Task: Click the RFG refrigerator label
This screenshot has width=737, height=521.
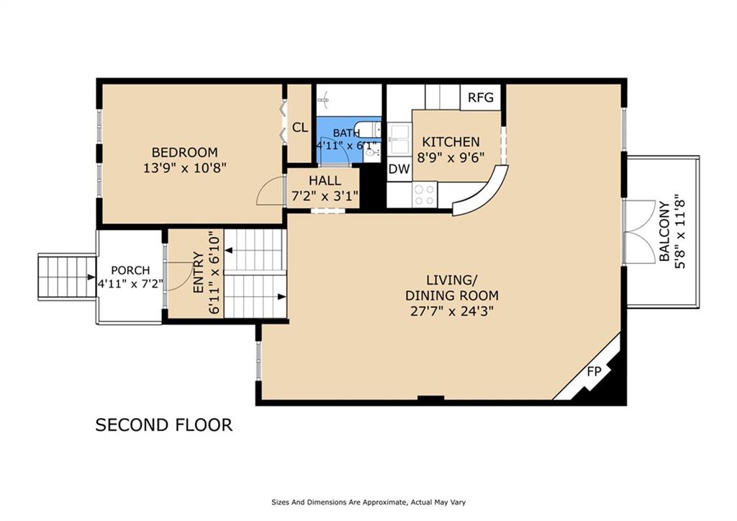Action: point(481,97)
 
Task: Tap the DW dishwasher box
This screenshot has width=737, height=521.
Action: point(399,169)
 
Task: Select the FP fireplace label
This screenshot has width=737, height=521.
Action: point(594,372)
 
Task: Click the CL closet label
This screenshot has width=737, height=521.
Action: point(300,128)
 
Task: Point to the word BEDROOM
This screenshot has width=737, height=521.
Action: point(185,153)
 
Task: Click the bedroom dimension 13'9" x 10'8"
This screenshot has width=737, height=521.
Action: point(185,168)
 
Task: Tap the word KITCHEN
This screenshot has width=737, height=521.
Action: point(451,142)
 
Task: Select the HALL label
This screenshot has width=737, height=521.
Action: point(325,180)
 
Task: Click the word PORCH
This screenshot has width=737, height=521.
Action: point(130,271)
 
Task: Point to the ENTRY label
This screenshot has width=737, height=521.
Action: point(199,272)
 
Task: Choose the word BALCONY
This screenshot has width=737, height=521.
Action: point(664,231)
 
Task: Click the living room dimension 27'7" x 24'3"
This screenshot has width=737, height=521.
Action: point(451,311)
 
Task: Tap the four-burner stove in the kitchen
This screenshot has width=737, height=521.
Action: point(425,195)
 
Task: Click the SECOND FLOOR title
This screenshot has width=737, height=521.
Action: point(164,425)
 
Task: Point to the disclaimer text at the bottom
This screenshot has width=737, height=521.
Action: point(368,502)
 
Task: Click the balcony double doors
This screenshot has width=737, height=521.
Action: point(639,231)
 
